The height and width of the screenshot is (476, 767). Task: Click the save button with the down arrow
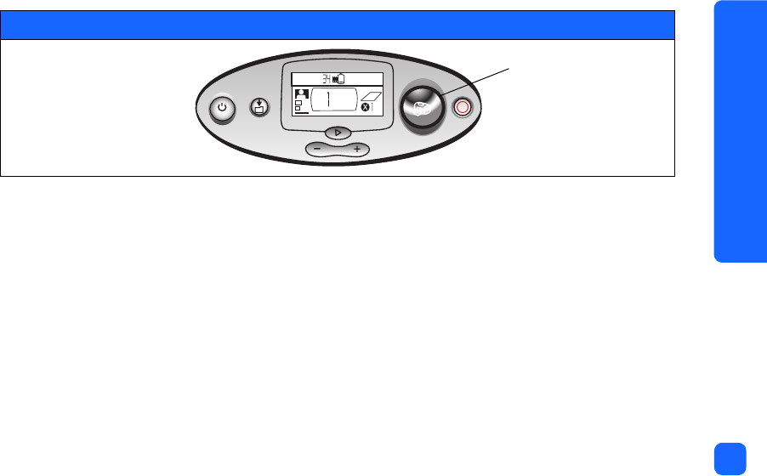pyautogui.click(x=260, y=107)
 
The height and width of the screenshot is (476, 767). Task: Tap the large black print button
pyautogui.click(x=423, y=106)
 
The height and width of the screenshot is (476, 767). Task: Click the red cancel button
pyautogui.click(x=463, y=108)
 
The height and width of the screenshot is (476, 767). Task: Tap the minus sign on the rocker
pyautogui.click(x=317, y=149)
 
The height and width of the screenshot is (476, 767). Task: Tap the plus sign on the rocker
pyautogui.click(x=356, y=149)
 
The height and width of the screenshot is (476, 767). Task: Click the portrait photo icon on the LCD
pyautogui.click(x=300, y=94)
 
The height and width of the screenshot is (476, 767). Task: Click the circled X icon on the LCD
pyautogui.click(x=366, y=108)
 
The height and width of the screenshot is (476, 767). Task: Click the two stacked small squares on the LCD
pyautogui.click(x=298, y=106)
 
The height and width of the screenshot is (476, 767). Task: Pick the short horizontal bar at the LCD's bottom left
pyautogui.click(x=301, y=113)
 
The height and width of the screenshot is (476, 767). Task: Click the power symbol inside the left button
pyautogui.click(x=222, y=108)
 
